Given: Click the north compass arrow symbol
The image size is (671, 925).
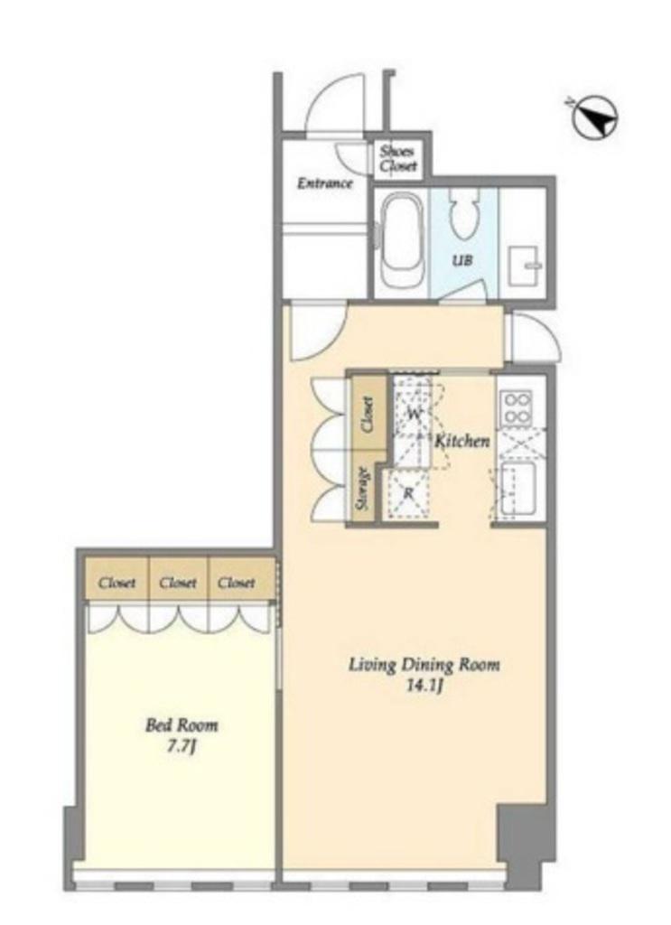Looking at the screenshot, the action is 595,118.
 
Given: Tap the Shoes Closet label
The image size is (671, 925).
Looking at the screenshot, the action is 398,158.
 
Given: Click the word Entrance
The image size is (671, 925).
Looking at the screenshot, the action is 324,183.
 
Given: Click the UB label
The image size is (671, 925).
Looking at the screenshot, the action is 461,260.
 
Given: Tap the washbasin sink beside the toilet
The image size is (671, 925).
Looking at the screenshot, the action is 524,265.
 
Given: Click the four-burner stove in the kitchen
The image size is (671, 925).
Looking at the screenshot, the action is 516,408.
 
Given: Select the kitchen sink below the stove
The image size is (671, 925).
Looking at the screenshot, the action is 517,489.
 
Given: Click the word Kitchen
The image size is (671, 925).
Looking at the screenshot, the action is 462,441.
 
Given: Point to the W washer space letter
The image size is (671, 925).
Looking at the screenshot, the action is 415,414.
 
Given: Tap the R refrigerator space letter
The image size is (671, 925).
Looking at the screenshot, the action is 408,492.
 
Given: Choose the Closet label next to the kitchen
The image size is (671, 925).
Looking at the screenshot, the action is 367,414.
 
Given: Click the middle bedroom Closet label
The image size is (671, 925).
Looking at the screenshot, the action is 178,583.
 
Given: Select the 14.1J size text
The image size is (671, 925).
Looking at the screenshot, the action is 424,686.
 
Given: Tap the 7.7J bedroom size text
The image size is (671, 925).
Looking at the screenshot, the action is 182,746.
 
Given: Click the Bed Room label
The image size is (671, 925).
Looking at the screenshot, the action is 182,725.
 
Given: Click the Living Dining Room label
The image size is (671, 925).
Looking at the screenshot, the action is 424,665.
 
